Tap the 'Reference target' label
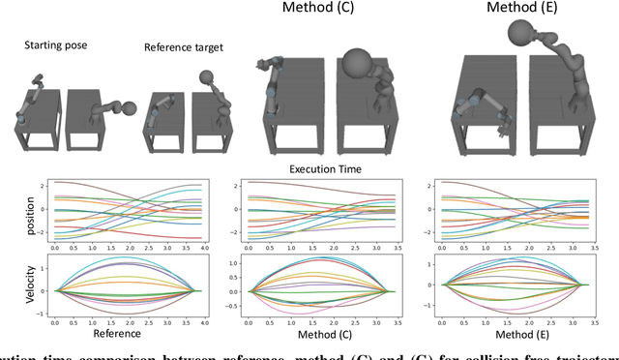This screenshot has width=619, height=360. [x=184, y=46]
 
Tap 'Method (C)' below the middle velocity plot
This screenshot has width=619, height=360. [x=316, y=334]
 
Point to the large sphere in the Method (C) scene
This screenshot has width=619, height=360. [x=360, y=65]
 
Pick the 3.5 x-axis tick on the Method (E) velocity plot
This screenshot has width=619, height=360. [x=583, y=324]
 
